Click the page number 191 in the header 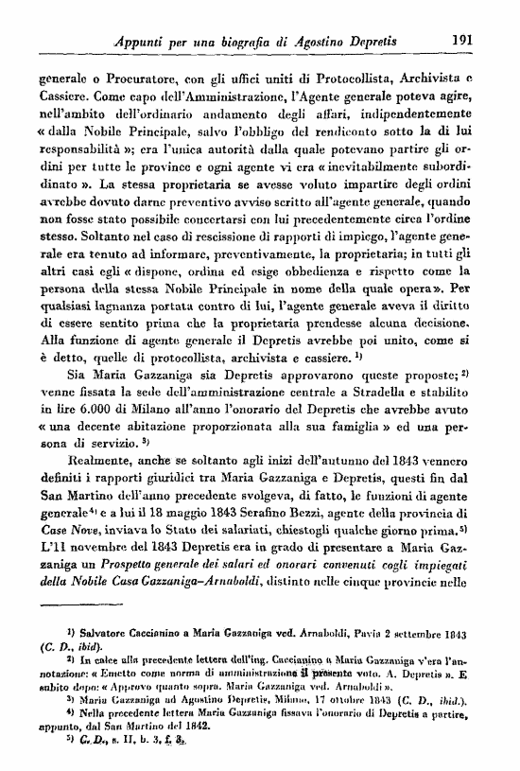click(x=463, y=41)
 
